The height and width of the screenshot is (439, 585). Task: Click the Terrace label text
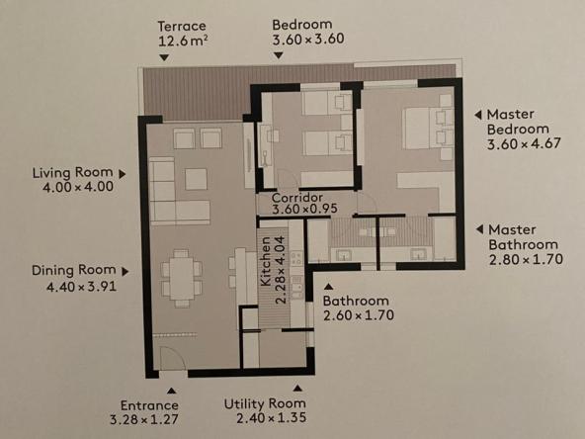pyautogui.click(x=182, y=26)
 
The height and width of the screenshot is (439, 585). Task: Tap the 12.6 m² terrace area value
pyautogui.click(x=183, y=41)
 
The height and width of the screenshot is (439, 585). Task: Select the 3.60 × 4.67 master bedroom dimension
pyautogui.click(x=524, y=143)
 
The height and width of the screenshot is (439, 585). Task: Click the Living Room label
pyautogui.click(x=73, y=172)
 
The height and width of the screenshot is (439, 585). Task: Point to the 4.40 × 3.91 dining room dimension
pyautogui.click(x=81, y=287)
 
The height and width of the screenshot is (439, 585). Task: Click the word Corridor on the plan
pyautogui.click(x=297, y=198)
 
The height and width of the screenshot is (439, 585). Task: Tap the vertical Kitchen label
pyautogui.click(x=266, y=261)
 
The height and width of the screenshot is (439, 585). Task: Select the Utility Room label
pyautogui.click(x=265, y=403)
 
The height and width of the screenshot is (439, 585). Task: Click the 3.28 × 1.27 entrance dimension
pyautogui.click(x=144, y=419)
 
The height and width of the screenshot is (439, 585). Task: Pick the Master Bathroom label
pyautogui.click(x=524, y=237)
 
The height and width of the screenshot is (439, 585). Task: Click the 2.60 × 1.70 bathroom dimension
pyautogui.click(x=359, y=315)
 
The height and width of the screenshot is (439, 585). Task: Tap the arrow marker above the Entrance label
pyautogui.click(x=171, y=391)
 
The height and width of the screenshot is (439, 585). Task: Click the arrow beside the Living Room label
pyautogui.click(x=123, y=174)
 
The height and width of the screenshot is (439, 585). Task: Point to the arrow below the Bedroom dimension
pyautogui.click(x=279, y=55)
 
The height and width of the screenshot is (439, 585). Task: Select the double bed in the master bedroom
pyautogui.click(x=428, y=129)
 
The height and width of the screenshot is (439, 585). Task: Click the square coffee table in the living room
pyautogui.click(x=196, y=179)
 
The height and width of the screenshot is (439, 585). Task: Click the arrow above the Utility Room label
pyautogui.click(x=297, y=389)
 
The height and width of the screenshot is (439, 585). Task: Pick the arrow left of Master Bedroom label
pyautogui.click(x=478, y=115)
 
